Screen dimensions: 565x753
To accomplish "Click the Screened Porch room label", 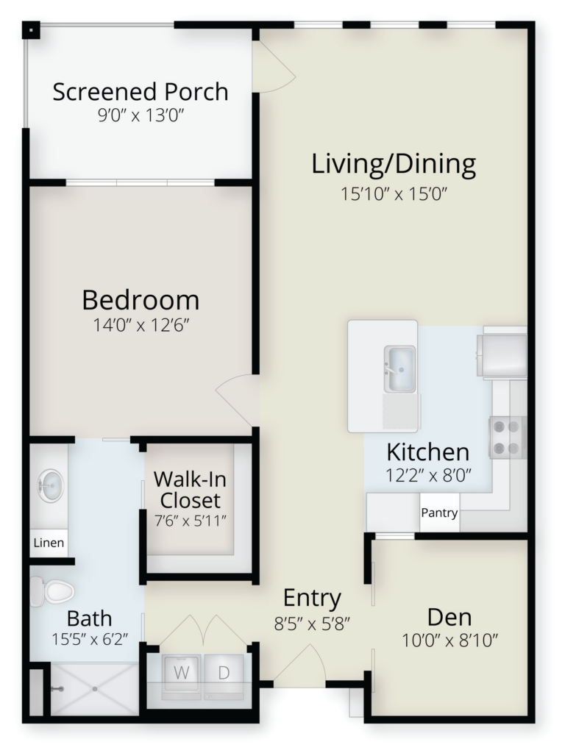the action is click(x=141, y=92).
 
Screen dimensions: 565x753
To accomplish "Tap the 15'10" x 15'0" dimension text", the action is click(x=394, y=194).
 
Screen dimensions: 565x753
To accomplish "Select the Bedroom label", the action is click(x=141, y=300).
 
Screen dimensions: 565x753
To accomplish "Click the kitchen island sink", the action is click(x=399, y=368).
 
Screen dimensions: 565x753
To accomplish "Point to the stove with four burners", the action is click(x=506, y=437).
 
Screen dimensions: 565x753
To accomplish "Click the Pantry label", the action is click(x=439, y=513).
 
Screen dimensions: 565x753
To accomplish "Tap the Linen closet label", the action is click(x=49, y=543).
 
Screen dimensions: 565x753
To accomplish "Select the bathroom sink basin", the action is click(x=50, y=485).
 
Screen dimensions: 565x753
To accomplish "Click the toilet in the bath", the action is click(x=52, y=592).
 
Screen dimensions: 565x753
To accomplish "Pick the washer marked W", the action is click(x=181, y=674).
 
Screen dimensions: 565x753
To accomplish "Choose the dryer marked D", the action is click(x=224, y=674).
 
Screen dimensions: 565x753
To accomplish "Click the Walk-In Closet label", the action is click(x=191, y=490).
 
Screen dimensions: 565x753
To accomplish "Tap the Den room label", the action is click(x=449, y=617).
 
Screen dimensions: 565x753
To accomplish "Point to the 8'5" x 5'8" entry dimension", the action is click(x=312, y=624).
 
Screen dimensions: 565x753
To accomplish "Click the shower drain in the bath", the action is click(x=95, y=689).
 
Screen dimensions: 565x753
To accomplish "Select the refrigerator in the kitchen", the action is click(x=502, y=355).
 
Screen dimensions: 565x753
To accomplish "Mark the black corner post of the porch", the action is click(x=31, y=31).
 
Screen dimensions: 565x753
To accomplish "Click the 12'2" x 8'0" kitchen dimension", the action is click(x=428, y=476).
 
